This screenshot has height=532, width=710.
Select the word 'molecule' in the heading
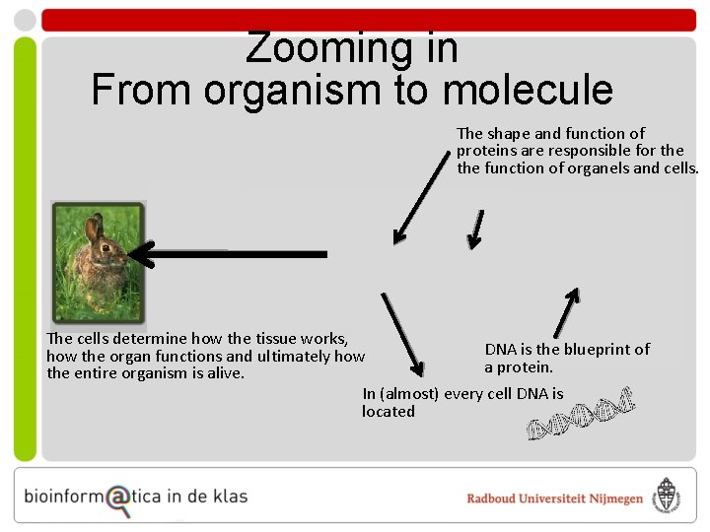529,90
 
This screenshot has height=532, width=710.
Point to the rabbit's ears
94,229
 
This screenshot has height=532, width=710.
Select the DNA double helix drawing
578,414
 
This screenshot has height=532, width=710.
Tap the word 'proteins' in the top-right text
488,151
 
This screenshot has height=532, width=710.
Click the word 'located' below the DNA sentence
389,412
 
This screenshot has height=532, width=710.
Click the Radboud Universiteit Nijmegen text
554,499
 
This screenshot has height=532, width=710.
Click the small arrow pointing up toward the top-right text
566,314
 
